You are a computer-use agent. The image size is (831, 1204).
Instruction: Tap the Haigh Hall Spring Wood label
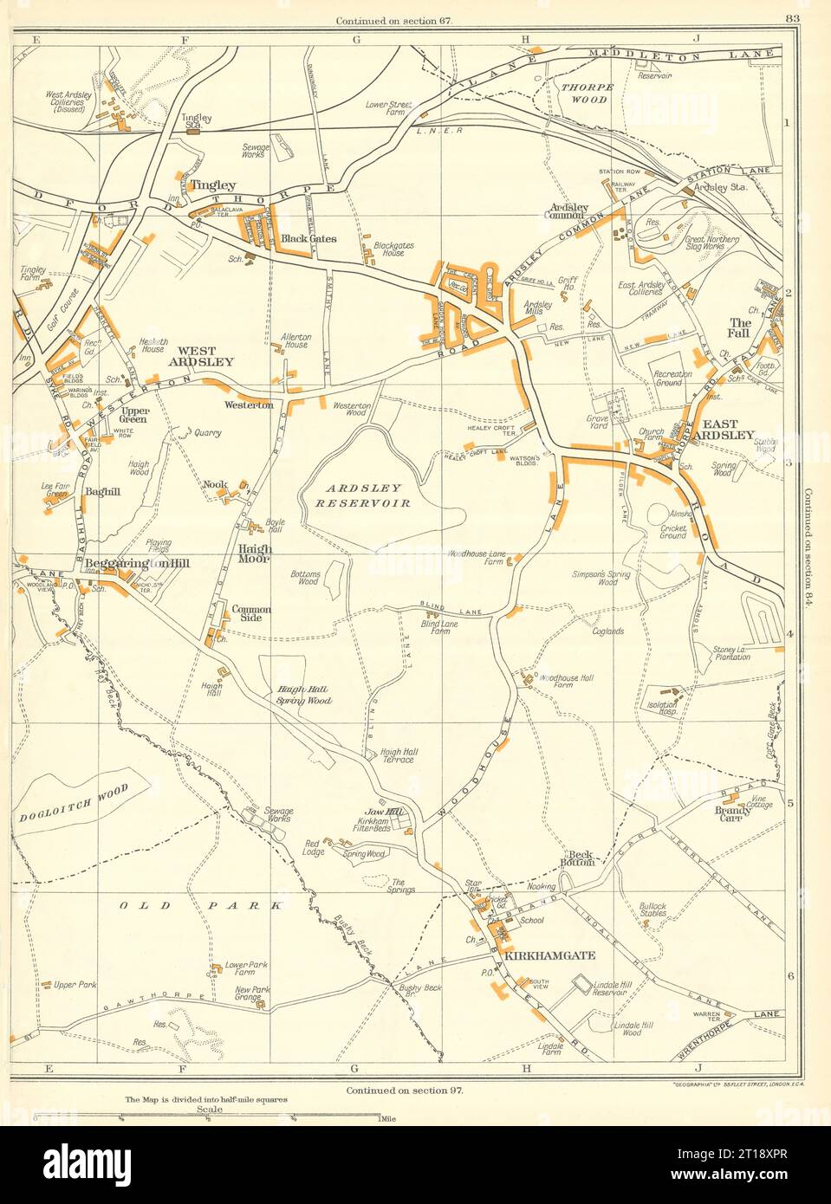pos(304,695)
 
